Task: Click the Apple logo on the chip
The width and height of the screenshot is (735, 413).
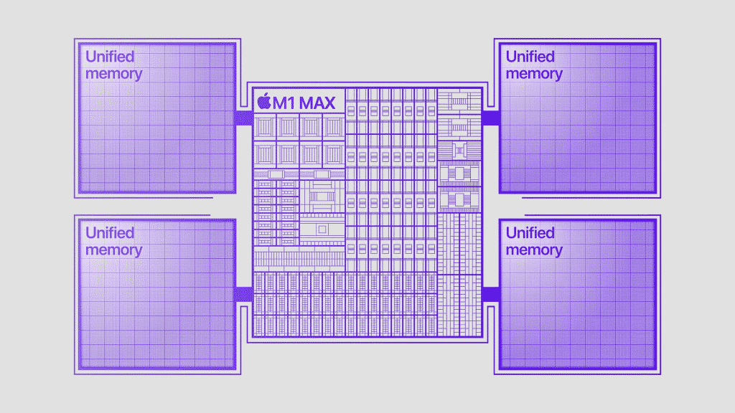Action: (x=265, y=102)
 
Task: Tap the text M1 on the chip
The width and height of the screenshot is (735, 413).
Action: (x=285, y=103)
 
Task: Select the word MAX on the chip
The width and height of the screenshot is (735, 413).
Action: (x=317, y=103)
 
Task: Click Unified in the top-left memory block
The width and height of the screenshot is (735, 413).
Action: (x=110, y=57)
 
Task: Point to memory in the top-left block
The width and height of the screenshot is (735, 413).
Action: (x=113, y=73)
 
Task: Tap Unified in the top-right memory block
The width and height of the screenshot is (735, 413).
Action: (x=530, y=57)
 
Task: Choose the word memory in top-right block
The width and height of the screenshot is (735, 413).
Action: (x=534, y=73)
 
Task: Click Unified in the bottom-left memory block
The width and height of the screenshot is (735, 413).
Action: (x=110, y=233)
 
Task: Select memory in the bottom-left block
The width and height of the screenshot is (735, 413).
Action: (x=113, y=250)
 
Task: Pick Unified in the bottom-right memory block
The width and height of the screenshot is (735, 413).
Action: (x=530, y=233)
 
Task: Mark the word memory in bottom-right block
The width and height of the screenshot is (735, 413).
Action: (x=534, y=250)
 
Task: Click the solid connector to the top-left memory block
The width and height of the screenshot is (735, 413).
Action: (x=243, y=118)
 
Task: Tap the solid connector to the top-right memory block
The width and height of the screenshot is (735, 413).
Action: (x=491, y=118)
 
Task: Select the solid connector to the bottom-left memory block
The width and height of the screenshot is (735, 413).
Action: (x=243, y=295)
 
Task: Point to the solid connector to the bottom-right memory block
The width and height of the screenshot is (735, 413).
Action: (x=491, y=295)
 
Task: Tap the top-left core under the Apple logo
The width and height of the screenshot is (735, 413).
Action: (x=265, y=127)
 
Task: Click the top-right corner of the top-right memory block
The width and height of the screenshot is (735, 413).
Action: (x=656, y=44)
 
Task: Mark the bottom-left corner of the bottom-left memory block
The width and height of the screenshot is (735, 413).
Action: (x=78, y=370)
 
